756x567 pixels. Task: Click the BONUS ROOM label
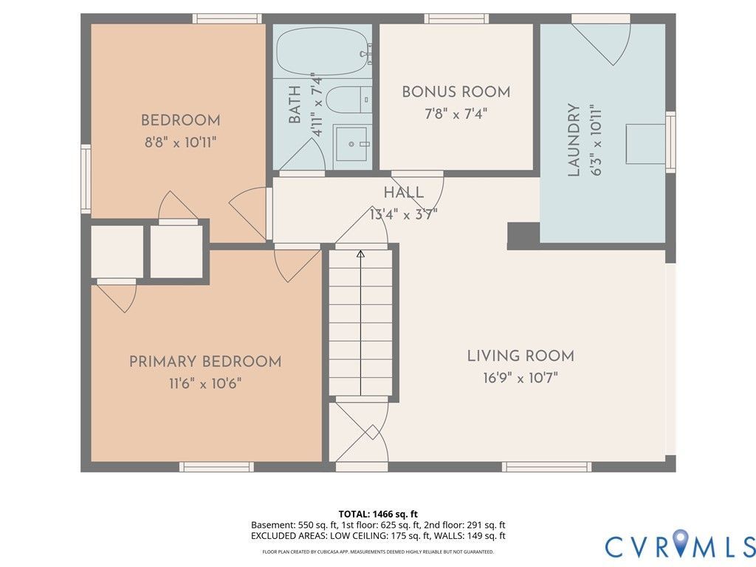pyautogui.click(x=456, y=92)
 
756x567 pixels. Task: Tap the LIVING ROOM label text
pyautogui.click(x=520, y=356)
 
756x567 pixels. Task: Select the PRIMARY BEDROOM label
pyautogui.click(x=205, y=362)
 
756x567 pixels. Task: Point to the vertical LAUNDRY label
pyautogui.click(x=574, y=140)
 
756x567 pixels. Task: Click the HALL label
pyautogui.click(x=404, y=193)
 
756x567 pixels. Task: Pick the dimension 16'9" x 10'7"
pyautogui.click(x=520, y=377)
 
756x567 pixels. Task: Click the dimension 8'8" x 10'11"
pyautogui.click(x=181, y=142)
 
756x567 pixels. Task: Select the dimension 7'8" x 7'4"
pyautogui.click(x=456, y=114)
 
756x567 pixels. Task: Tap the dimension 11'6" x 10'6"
pyautogui.click(x=205, y=384)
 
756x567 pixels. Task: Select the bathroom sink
pyautogui.click(x=352, y=144)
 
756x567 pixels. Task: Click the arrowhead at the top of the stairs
pyautogui.click(x=360, y=254)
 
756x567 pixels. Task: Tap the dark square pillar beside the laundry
pyautogui.click(x=523, y=236)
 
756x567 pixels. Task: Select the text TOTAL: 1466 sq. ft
pyautogui.click(x=378, y=514)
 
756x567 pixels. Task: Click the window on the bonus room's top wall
pyautogui.click(x=456, y=18)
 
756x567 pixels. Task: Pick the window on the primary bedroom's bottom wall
pyautogui.click(x=216, y=467)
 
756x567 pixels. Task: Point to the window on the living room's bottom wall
pyautogui.click(x=547, y=467)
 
